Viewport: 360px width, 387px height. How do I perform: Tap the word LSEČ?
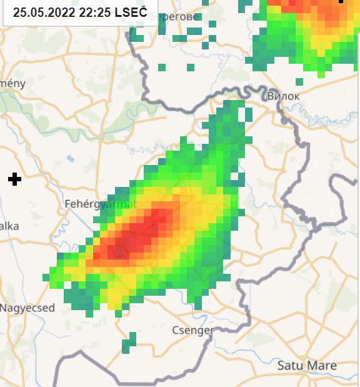tap(131, 12)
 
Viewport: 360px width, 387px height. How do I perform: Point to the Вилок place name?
tap(283, 96)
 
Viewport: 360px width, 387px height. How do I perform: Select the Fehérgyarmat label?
tap(100, 204)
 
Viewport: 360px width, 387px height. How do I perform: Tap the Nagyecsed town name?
tap(27, 308)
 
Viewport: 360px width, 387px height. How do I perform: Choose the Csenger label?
tap(192, 330)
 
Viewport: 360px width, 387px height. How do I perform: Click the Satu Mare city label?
tap(307, 366)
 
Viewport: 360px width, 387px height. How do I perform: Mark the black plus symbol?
tap(15, 179)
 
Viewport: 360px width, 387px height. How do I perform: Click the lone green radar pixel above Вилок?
tap(299, 81)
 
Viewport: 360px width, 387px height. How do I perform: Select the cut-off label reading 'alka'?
tap(9, 226)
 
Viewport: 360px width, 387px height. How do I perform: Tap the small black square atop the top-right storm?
tap(341, 1)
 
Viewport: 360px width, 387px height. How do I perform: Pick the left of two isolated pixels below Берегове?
tap(162, 67)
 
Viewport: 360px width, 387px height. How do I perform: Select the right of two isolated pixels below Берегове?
tap(191, 67)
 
